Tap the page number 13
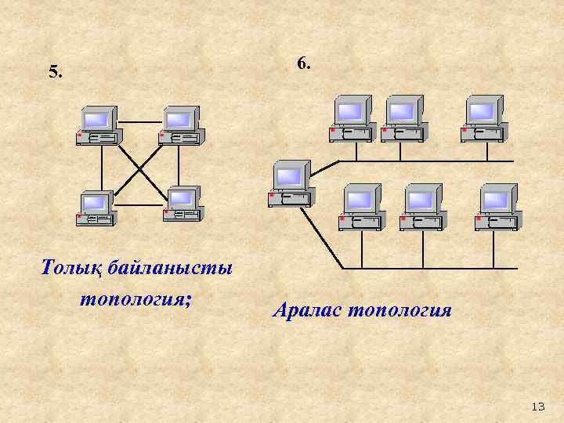coord(537,406)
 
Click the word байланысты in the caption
coord(171,269)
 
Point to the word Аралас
coord(307,310)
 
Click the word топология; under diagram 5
coord(136,298)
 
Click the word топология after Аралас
coord(399,310)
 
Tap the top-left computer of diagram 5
coord(97,125)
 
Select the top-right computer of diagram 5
coord(180,125)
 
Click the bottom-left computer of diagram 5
coord(96,207)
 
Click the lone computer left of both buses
coord(289,185)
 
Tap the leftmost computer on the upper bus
coord(352,118)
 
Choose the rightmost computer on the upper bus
coord(483,118)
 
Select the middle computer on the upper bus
coord(403,118)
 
